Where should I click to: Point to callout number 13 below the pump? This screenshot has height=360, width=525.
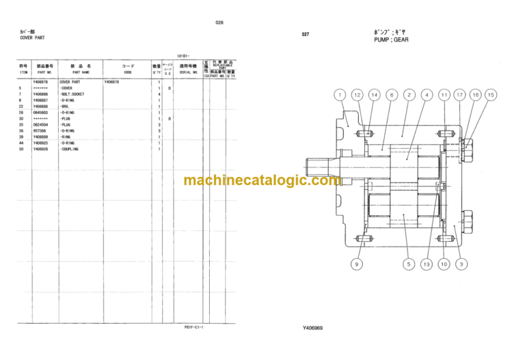coord(428,264)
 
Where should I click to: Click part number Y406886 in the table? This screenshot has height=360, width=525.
coord(42,94)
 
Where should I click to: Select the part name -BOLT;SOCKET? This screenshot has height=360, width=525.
coord(72,94)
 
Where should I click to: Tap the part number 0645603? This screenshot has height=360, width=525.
coord(42,113)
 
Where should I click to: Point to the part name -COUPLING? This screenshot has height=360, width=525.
coord(70,149)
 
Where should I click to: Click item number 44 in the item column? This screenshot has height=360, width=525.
coord(22,143)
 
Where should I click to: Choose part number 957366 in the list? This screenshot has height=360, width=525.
coord(40,131)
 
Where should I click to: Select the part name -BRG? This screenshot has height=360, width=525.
coord(66,107)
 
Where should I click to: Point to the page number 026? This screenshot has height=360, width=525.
coord(219,23)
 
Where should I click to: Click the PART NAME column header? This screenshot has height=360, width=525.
coord(81,71)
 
